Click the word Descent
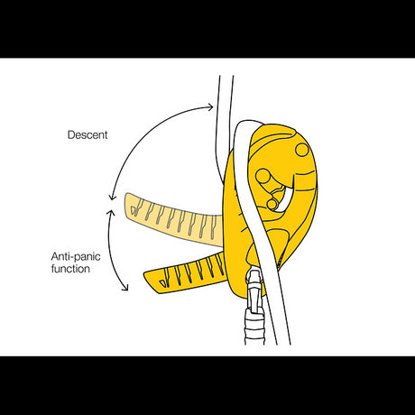(88, 134)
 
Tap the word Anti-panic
(76, 256)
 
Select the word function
(70, 269)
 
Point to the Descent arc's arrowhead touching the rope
(210, 106)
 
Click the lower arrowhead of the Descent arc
(112, 197)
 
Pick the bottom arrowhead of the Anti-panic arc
(125, 288)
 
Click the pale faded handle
(174, 219)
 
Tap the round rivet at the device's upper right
(302, 150)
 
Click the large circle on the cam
(263, 175)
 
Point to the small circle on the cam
(272, 204)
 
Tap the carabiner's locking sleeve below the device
(255, 327)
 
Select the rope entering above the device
(223, 120)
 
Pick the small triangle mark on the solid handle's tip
(163, 282)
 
